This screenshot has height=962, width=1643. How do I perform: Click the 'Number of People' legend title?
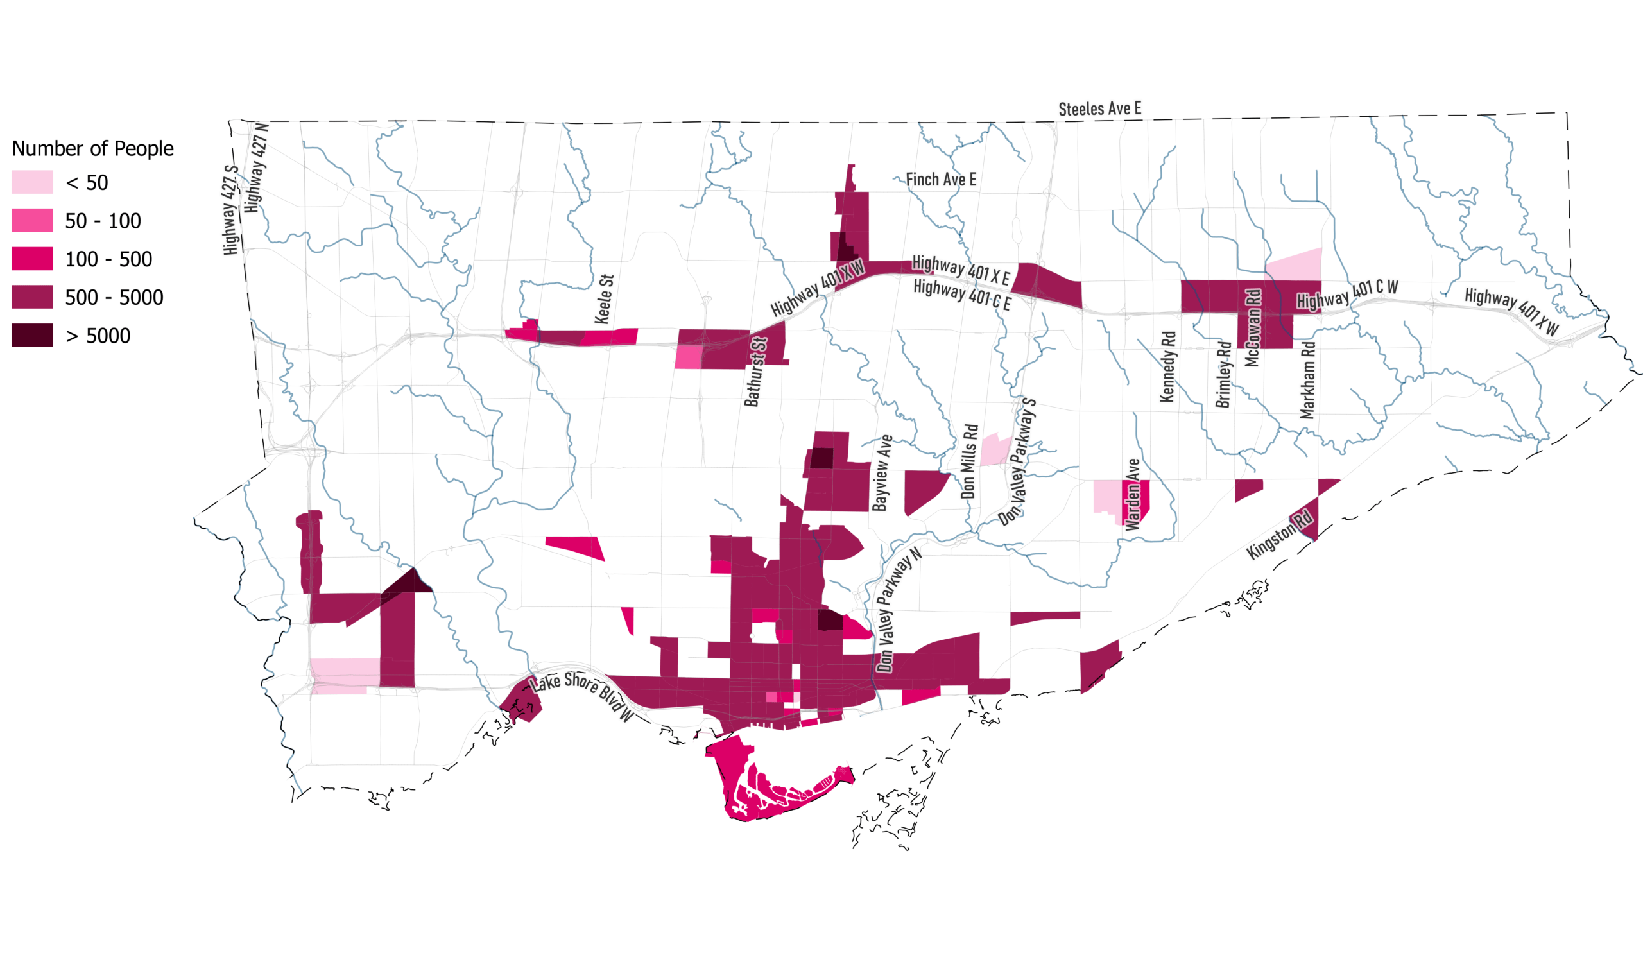tap(92, 149)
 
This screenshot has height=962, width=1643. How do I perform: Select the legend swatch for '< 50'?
tap(32, 182)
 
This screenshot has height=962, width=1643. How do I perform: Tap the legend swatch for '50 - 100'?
tap(32, 221)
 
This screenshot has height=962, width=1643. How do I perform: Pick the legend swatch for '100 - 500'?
tap(32, 259)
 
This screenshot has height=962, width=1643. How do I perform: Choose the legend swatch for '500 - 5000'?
tap(32, 297)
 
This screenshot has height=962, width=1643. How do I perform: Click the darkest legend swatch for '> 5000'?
tap(32, 336)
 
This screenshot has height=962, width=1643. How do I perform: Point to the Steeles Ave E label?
tap(1099, 109)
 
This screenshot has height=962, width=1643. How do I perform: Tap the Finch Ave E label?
tap(941, 179)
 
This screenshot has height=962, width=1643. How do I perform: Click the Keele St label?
tap(605, 299)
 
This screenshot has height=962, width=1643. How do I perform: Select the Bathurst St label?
tap(755, 372)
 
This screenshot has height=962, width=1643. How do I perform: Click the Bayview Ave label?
tap(882, 473)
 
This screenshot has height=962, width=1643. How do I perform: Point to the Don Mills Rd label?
tap(970, 461)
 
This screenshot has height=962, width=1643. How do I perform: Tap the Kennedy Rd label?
tap(1167, 366)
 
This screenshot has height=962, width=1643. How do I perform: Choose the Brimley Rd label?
tap(1224, 375)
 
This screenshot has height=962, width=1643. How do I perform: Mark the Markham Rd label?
tap(1307, 380)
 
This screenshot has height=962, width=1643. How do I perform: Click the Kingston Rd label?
tap(1278, 535)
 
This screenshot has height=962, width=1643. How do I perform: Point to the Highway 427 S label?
tap(230, 210)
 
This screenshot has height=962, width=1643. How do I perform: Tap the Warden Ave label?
tap(1133, 495)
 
